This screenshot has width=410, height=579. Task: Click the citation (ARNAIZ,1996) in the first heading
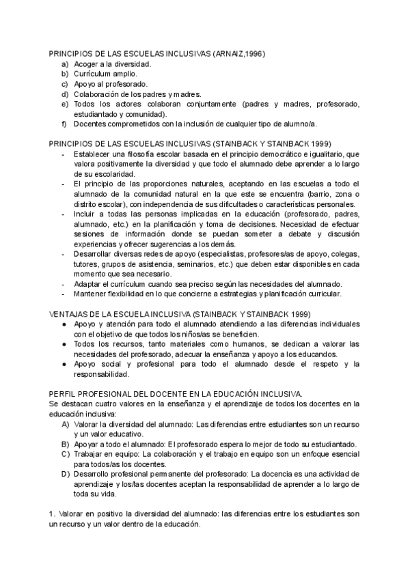(x=241, y=53)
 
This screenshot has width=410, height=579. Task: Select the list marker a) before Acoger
(x=64, y=63)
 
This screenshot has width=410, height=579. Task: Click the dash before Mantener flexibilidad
(x=63, y=294)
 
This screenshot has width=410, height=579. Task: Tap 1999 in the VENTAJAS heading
(x=299, y=314)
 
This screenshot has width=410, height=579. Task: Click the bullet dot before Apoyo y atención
(x=64, y=324)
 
